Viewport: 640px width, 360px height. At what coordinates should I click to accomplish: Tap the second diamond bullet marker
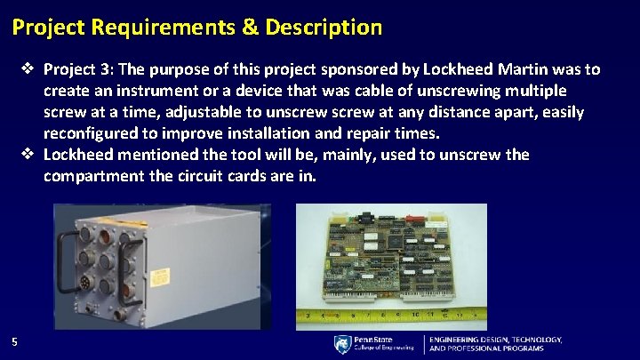pyautogui.click(x=29, y=155)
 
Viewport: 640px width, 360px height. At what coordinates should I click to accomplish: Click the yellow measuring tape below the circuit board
pyautogui.click(x=391, y=313)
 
